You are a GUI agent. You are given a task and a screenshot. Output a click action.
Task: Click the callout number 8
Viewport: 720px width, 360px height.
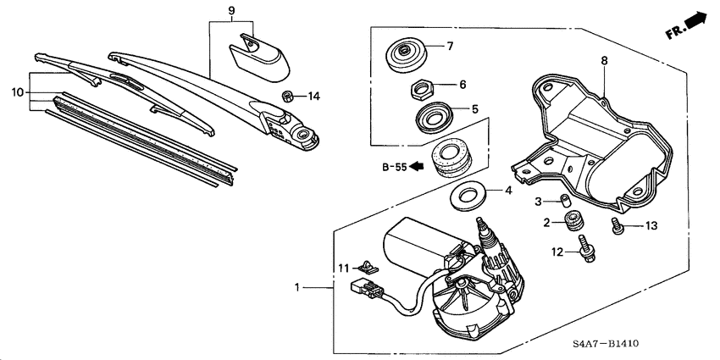coord(603,61)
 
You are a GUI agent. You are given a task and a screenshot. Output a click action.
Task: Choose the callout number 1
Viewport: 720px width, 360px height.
coord(297,290)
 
